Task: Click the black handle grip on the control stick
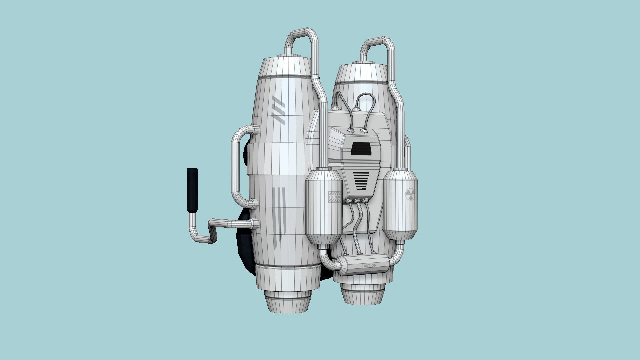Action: (x=192, y=191)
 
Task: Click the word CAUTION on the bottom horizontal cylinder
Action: (x=369, y=266)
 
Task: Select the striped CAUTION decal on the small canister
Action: (x=335, y=197)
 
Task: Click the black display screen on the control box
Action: (x=361, y=148)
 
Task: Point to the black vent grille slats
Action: (x=361, y=180)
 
